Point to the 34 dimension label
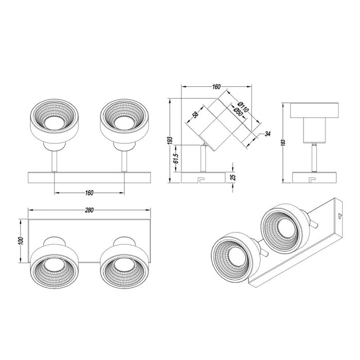[x=267, y=135]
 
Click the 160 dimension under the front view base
[x=89, y=193]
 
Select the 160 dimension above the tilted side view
[x=215, y=86]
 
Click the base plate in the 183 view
[x=314, y=177]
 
